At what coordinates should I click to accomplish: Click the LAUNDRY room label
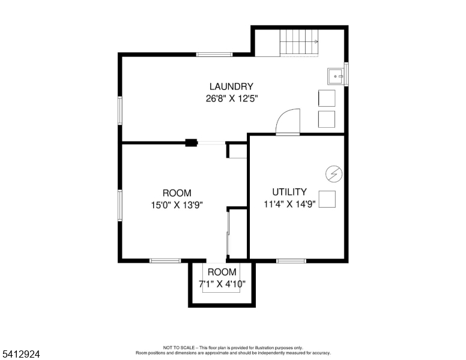point(231,86)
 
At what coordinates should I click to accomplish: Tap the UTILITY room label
point(289,192)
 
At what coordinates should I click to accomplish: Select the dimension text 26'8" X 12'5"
point(232,98)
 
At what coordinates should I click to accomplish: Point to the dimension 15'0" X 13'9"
point(177,205)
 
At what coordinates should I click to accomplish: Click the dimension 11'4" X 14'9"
point(290,204)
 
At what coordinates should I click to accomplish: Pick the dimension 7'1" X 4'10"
point(222,284)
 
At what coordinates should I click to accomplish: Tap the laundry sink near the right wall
point(336,76)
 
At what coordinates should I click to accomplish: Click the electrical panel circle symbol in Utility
point(334,174)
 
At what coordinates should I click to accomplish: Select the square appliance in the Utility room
point(327,199)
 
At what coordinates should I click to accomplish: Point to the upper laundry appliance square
point(327,98)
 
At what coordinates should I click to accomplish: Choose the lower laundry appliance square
point(327,119)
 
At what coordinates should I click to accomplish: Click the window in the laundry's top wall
point(214,55)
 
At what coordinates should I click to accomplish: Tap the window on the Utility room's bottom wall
point(291,261)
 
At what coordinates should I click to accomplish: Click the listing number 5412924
point(21,354)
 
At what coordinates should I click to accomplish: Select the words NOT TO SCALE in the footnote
point(178,347)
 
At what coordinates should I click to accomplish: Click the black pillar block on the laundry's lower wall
point(192,143)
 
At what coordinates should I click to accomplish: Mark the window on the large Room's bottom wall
point(165,261)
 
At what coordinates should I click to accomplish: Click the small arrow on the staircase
point(316,42)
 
